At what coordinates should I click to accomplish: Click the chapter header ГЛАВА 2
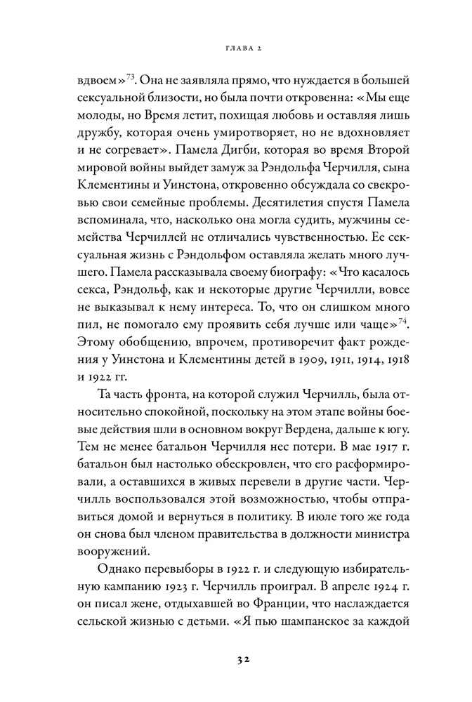[236, 48]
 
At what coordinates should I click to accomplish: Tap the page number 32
[236, 660]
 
